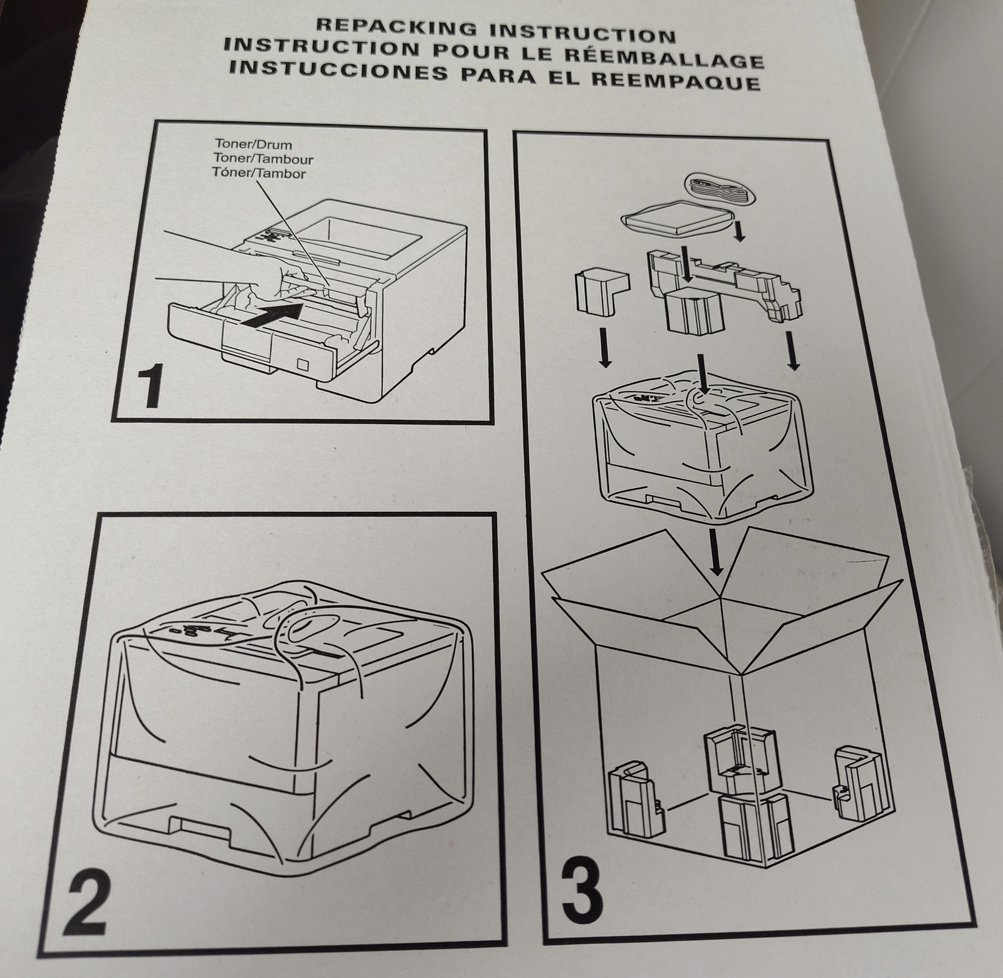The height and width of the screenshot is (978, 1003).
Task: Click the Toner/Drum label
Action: pos(246,145)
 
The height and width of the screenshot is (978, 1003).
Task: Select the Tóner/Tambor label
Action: pos(260,173)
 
